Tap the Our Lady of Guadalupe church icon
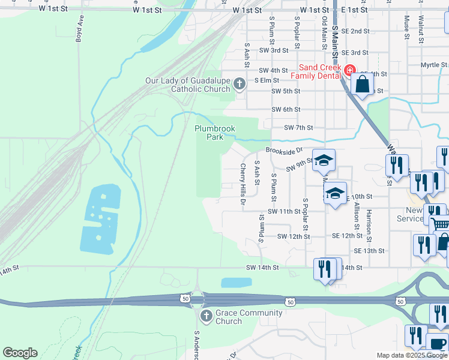tap(240, 84)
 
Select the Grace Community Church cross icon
tap(205, 316)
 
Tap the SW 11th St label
tap(284, 212)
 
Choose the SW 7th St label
tap(299, 128)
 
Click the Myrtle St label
tap(434, 65)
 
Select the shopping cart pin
tap(440, 224)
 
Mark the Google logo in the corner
tap(20, 353)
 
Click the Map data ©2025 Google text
tap(411, 355)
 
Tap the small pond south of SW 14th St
tap(237, 283)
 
